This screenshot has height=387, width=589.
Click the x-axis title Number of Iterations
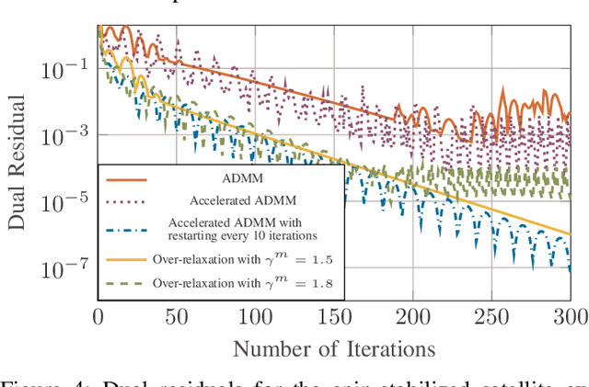pyautogui.click(x=333, y=349)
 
